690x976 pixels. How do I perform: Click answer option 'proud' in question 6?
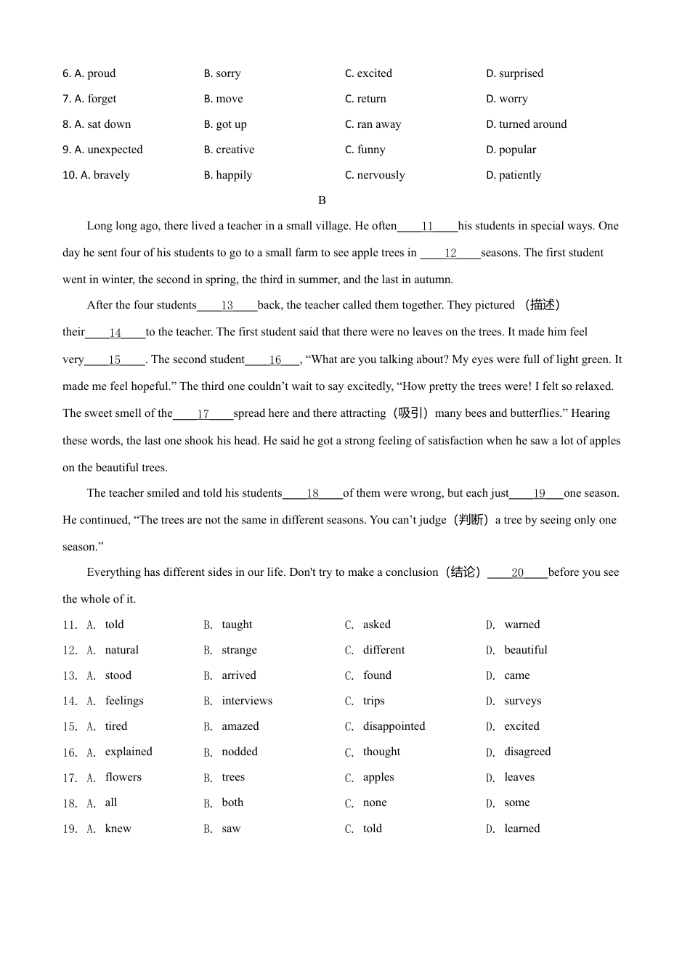click(101, 73)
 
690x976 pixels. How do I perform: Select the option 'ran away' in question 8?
click(378, 124)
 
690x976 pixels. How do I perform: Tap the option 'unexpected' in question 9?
click(115, 150)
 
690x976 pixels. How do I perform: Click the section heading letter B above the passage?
click(322, 200)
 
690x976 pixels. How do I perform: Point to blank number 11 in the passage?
click(427, 227)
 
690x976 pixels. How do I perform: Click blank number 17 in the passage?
click(203, 414)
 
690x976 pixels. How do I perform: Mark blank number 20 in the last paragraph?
click(517, 573)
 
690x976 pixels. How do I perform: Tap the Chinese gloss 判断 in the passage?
click(471, 520)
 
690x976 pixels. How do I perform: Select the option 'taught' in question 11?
click(237, 625)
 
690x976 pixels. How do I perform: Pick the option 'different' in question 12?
click(383, 650)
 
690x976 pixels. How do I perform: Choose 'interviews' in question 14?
click(247, 701)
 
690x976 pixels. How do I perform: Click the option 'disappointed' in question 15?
click(394, 726)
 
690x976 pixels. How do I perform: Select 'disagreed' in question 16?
click(527, 752)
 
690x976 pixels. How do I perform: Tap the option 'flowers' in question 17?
click(123, 777)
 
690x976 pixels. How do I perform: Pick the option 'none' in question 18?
click(375, 802)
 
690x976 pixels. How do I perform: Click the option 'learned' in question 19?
click(521, 829)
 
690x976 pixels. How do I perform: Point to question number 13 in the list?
click(70, 676)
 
